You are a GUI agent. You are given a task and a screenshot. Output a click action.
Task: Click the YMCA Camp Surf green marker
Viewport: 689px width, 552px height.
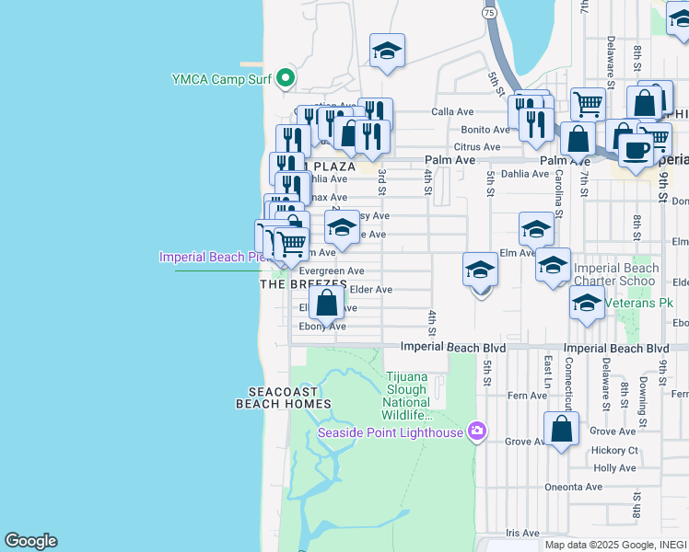286,78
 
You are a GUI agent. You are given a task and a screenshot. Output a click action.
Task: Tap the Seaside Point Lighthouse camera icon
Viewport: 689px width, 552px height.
476,431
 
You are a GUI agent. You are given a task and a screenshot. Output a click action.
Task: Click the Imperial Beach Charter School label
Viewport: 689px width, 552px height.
616,274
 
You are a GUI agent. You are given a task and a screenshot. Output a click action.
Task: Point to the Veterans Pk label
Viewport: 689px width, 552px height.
636,302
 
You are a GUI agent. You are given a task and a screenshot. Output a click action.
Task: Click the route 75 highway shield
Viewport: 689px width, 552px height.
489,12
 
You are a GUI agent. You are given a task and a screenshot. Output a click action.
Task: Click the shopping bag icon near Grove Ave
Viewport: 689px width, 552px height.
561,430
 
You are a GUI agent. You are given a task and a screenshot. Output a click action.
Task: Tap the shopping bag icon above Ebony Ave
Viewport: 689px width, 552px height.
327,303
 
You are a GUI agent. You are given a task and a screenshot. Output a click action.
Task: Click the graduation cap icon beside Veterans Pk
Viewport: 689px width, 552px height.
587,302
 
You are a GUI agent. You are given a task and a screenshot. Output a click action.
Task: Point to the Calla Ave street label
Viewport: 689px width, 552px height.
452,112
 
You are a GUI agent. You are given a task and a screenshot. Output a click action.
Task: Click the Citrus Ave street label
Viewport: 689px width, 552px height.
477,147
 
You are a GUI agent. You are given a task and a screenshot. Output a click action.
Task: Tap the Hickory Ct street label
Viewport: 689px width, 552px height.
614,450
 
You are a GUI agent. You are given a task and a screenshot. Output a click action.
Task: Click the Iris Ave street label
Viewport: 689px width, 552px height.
522,532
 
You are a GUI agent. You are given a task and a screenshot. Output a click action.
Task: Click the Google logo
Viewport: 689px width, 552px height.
30,541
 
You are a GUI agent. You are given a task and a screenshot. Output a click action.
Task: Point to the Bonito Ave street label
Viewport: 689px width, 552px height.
485,130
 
